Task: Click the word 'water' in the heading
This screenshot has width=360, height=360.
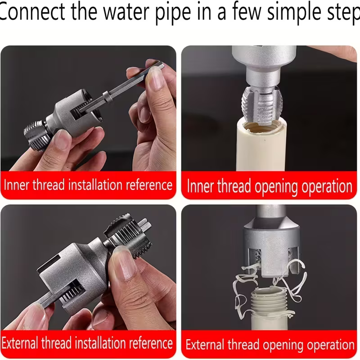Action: (126, 12)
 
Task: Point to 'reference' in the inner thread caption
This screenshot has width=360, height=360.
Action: (149, 185)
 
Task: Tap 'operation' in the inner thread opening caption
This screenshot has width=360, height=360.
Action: (327, 187)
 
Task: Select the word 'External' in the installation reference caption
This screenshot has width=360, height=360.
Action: (20, 343)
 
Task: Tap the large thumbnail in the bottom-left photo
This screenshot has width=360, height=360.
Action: (125, 264)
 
